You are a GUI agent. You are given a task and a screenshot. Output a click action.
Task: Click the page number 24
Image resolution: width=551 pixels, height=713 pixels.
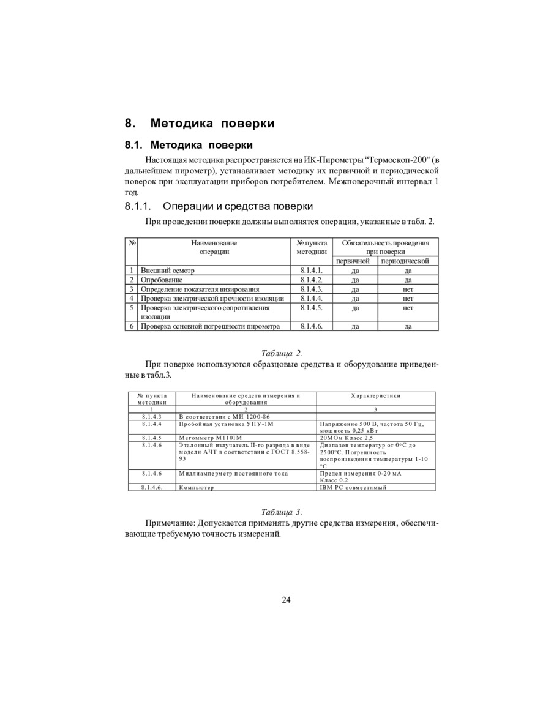[x=286, y=600]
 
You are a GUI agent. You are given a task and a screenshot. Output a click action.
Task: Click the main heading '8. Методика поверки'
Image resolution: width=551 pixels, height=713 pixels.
[x=200, y=124]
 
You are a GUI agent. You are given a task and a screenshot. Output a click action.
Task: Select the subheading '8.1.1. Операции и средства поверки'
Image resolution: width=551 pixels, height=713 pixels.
[x=219, y=206]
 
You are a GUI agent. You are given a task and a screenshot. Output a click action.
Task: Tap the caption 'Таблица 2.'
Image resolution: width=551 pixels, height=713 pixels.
[x=281, y=353]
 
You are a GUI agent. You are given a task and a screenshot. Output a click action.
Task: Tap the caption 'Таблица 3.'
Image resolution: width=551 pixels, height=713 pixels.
[x=281, y=512]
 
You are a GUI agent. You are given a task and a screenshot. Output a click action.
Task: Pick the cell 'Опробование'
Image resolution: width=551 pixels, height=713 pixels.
[x=162, y=280]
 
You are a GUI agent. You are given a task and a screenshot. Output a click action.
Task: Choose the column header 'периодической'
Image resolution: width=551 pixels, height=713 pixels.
[x=405, y=261]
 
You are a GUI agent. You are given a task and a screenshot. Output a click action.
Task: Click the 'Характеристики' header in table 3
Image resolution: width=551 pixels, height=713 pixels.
[x=376, y=396]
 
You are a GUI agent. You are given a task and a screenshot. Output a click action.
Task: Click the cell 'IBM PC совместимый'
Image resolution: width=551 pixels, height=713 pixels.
[x=353, y=488]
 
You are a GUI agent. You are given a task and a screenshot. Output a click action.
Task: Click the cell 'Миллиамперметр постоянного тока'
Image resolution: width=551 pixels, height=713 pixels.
[x=233, y=474]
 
